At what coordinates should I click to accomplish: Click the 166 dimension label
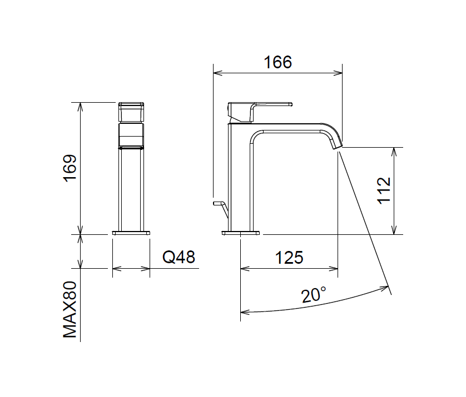278,62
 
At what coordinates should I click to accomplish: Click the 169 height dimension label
70,167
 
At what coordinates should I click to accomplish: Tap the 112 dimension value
384,190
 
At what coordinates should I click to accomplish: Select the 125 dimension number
289,258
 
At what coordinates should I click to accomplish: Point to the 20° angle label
314,295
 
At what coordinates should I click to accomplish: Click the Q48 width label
179,257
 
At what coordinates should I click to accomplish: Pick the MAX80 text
70,310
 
